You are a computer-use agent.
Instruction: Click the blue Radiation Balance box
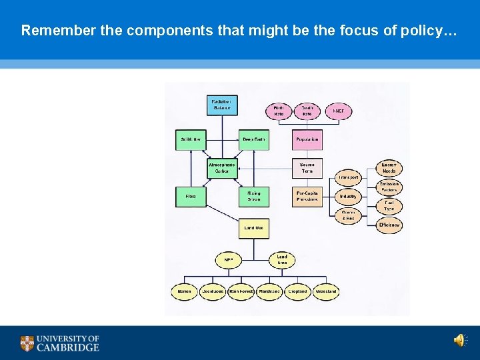pos(221,105)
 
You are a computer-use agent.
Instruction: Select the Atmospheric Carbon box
pos(221,168)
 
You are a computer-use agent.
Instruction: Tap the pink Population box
pos(307,139)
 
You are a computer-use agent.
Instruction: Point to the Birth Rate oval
pos(279,111)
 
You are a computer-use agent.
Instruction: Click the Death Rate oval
pos(307,111)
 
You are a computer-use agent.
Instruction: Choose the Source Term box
pos(307,168)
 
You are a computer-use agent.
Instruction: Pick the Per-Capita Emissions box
pos(307,197)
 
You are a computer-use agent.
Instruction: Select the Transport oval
pos(348,178)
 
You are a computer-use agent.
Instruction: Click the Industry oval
pos(348,197)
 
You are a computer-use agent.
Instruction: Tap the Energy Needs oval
pos(389,168)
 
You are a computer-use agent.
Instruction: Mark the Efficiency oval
pos(389,225)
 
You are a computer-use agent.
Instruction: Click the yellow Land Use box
pos(254,228)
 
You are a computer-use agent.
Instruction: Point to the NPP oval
pos(229,259)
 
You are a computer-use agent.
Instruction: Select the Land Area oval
pos(282,259)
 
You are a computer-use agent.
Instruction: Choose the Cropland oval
pos(297,291)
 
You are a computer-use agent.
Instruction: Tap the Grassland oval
pos(326,291)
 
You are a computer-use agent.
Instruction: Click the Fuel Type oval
pos(389,206)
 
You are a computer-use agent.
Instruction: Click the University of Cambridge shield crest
pos(27,343)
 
